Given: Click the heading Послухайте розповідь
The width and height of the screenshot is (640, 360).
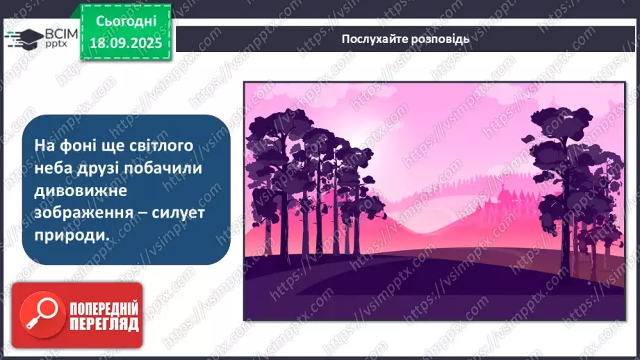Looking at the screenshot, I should coord(405,39).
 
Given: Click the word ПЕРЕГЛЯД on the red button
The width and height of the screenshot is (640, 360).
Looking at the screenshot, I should coord(104,323).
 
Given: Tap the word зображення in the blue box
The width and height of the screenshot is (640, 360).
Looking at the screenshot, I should coord(83,212).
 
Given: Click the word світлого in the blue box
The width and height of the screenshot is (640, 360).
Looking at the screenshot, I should coord(165,145).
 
